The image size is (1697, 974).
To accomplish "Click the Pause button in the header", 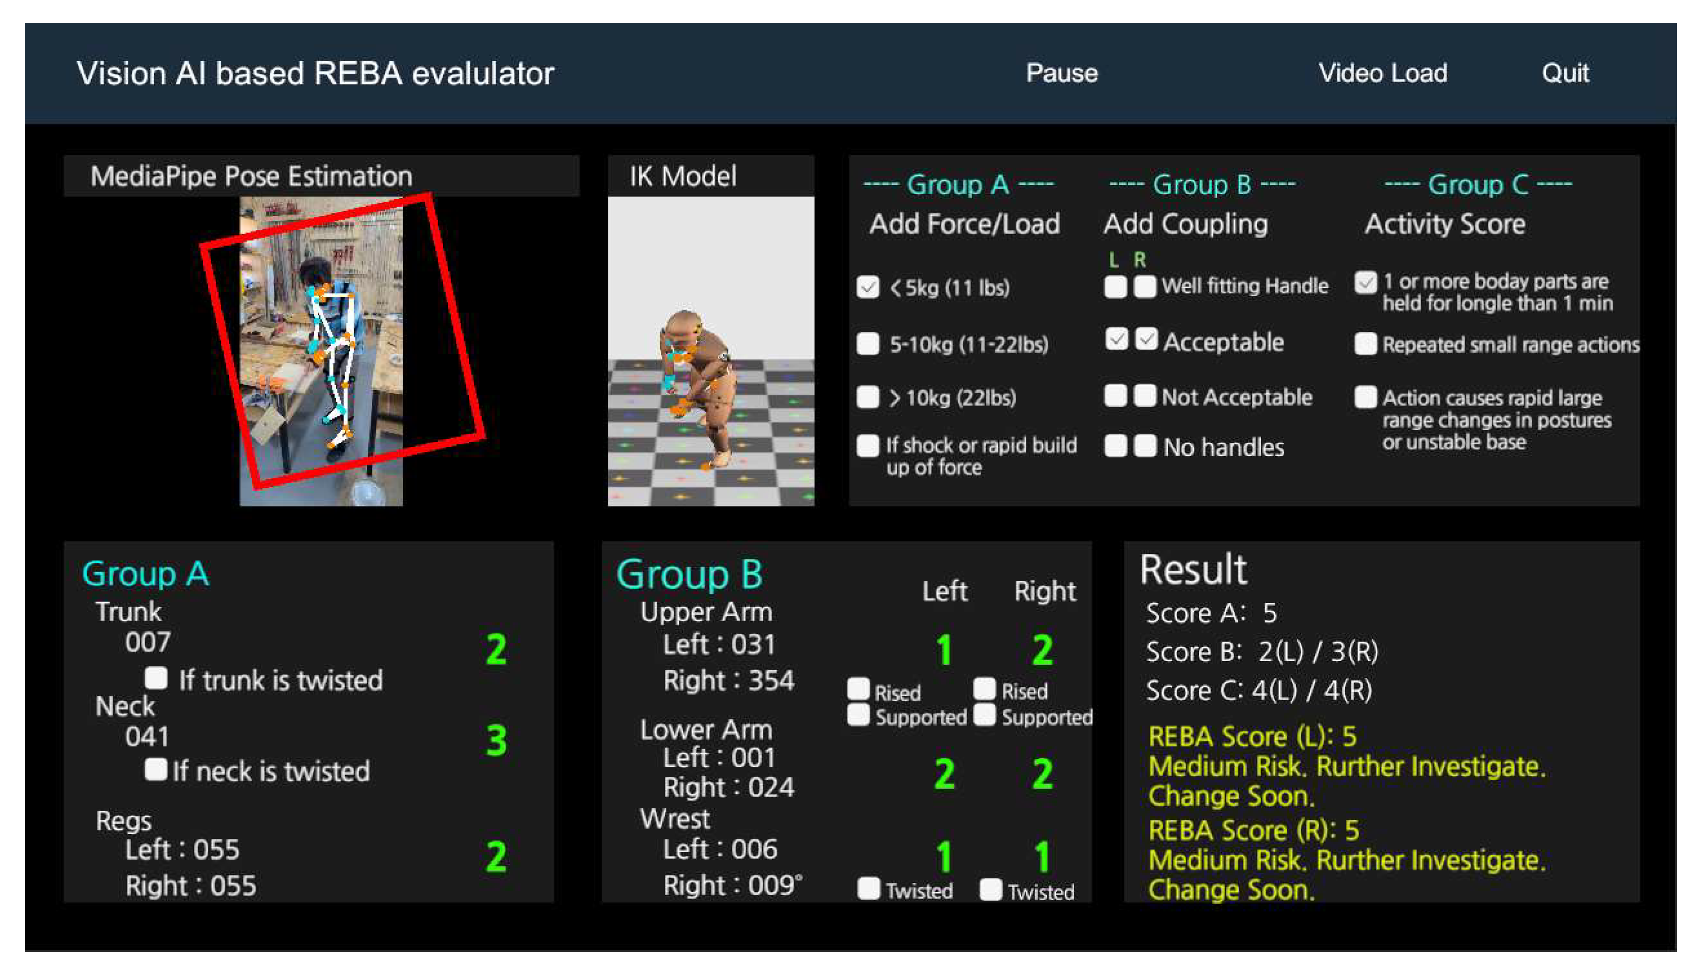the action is coord(1061,73).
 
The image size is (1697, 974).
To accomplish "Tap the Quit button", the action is coord(1565,73).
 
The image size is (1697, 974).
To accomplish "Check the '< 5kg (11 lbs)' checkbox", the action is coord(867,288).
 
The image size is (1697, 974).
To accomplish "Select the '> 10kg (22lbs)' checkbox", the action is coord(867,397).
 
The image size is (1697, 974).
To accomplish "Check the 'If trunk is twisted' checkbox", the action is coord(156,678).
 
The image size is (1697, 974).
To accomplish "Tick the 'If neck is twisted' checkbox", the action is coord(156,769).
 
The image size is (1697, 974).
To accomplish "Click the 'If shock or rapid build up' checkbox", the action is coord(867,445).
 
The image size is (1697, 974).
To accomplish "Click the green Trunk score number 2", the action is coord(496,649).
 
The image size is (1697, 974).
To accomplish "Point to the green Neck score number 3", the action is coord(496,740).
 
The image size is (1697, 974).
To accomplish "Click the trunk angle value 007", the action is coord(147,642).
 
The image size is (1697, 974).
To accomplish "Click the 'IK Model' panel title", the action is coord(683,176).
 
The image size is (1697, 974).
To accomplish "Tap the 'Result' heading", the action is coord(1193,569).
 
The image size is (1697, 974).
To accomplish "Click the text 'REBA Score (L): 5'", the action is coord(1252,736).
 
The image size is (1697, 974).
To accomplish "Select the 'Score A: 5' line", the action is coord(1211,613).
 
